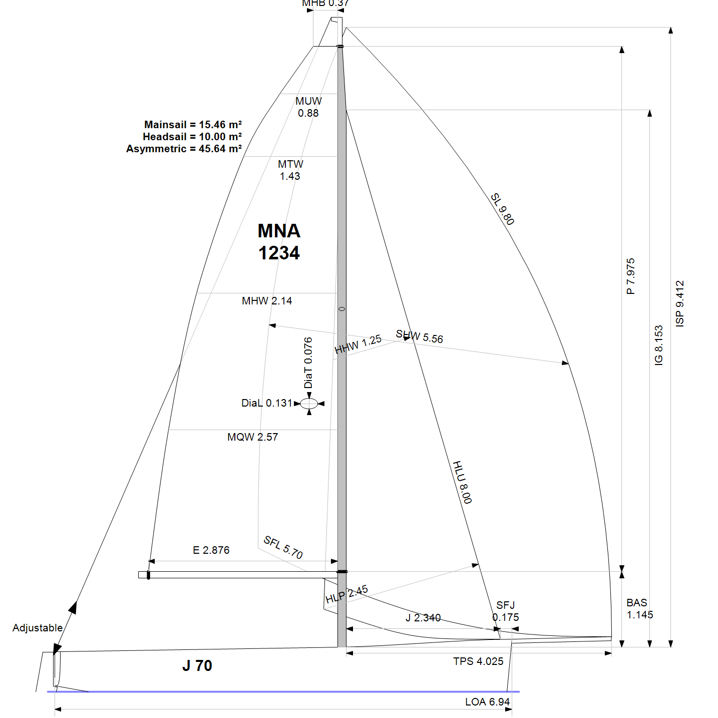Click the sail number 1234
point(279,253)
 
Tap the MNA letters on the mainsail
point(279,231)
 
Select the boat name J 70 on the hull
point(197,665)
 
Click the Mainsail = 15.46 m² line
point(193,125)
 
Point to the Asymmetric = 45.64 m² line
point(184,149)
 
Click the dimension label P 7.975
point(630,276)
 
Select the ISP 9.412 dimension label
point(679,304)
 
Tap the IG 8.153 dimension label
point(659,345)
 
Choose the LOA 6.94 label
point(487,702)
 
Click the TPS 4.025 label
point(478,661)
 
